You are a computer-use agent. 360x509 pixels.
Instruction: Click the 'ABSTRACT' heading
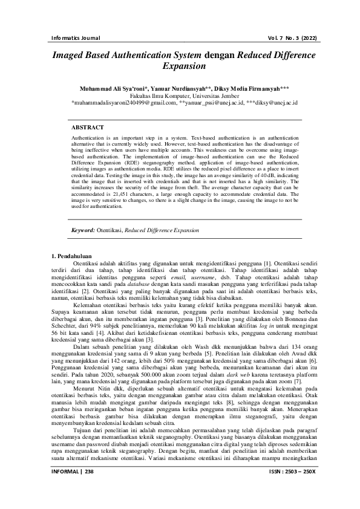[87, 128]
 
